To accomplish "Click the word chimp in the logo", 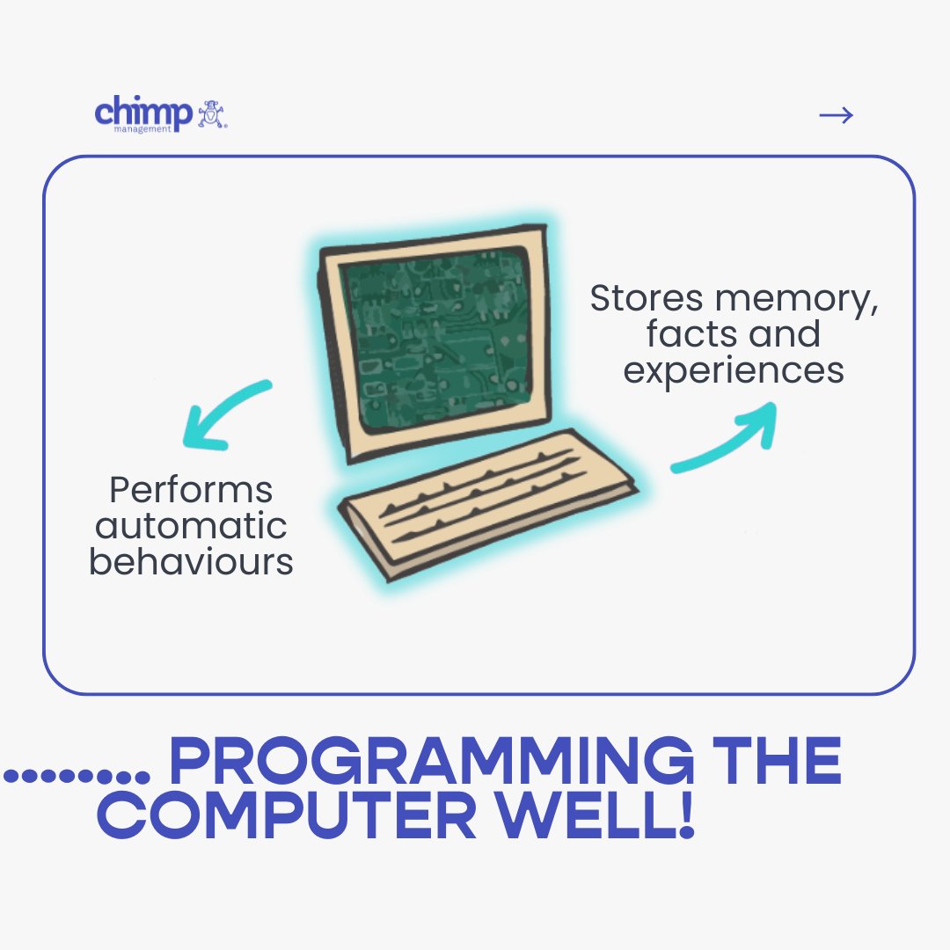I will coord(142,112).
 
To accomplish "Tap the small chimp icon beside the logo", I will coord(212,115).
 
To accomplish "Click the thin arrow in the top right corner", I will coord(836,115).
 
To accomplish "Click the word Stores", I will coord(647,299).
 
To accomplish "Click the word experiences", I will coord(734,371).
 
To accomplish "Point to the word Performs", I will coord(191,490).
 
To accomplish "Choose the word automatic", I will coord(191,526).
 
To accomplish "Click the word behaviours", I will coord(191,562).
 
